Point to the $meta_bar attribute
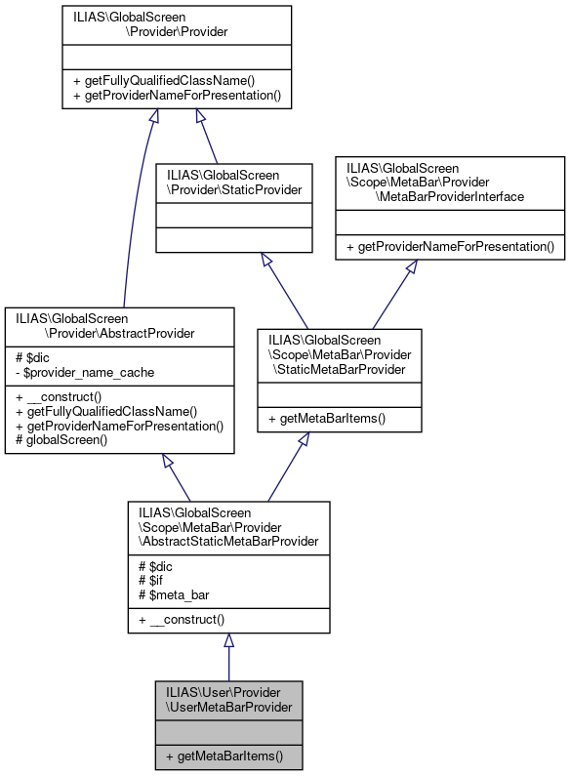173,594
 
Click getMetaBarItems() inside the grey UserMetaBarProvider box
224,756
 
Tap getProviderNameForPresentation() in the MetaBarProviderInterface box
450,248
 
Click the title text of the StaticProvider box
234,182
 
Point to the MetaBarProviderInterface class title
450,183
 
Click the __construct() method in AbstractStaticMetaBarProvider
182,619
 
